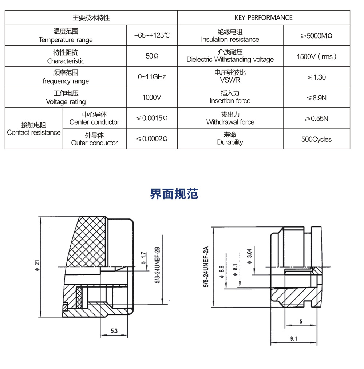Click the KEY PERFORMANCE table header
coord(263,17)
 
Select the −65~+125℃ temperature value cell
coord(152,36)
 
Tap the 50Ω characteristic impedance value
coord(152,56)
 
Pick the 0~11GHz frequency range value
coord(152,77)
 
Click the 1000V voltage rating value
coord(152,97)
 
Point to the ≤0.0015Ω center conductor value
coord(152,118)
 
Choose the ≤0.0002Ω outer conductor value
coord(152,139)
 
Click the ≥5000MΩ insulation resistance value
coord(316,36)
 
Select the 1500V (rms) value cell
coord(316,56)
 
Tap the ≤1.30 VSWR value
coord(316,77)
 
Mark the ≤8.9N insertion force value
coord(316,97)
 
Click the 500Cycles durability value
coord(316,139)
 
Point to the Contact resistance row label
coord(34,129)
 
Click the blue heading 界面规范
coord(174,194)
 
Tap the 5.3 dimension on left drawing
coord(114,331)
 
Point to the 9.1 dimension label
coord(294,339)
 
